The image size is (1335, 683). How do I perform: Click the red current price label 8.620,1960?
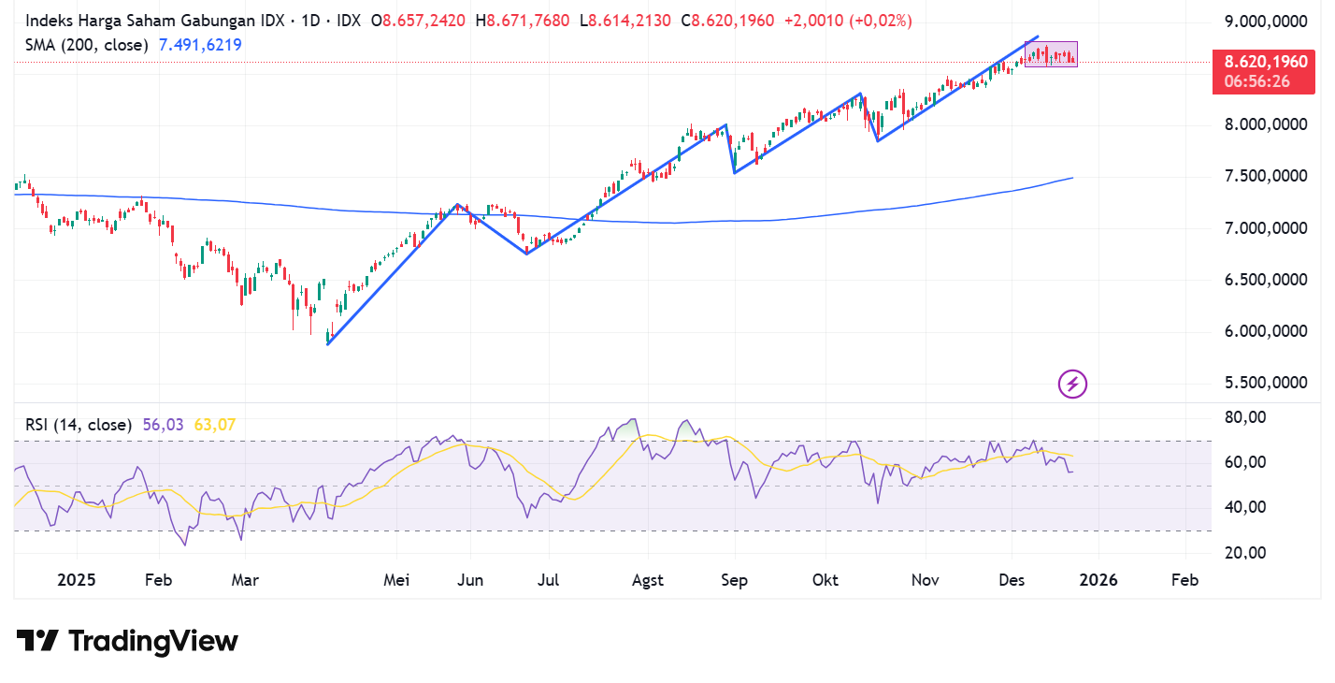tap(1265, 62)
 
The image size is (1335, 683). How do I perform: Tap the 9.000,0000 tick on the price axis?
tap(1265, 22)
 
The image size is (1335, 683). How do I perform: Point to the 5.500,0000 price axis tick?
tap(1265, 383)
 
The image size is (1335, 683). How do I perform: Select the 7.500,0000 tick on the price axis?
tap(1265, 176)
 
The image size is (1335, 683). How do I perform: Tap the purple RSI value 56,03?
tap(164, 425)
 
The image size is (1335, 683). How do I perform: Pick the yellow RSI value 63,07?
tap(215, 425)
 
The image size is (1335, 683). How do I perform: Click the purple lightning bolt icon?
tap(1072, 384)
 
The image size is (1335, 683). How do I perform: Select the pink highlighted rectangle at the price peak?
tap(1051, 54)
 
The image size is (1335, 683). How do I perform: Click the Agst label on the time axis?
tap(647, 580)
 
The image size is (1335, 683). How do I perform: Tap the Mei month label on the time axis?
tap(397, 580)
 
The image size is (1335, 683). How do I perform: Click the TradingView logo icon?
tap(37, 641)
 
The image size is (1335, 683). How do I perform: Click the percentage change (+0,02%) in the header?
tap(881, 21)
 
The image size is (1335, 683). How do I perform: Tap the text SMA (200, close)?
tap(86, 44)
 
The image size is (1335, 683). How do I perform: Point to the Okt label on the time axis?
tap(825, 580)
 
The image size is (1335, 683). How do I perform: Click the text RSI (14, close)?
tap(78, 425)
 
